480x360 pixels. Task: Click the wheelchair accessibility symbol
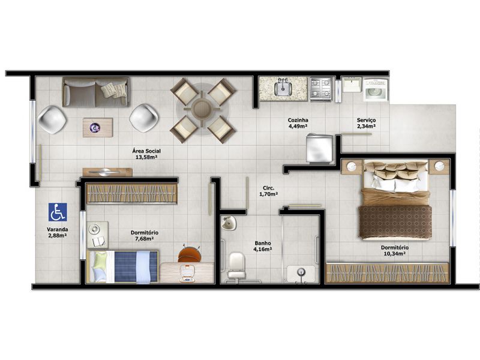(x=58, y=212)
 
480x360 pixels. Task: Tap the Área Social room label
(x=146, y=154)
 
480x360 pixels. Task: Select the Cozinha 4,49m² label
(x=298, y=123)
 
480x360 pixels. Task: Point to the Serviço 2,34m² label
(x=367, y=123)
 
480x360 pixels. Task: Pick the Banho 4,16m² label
(x=263, y=246)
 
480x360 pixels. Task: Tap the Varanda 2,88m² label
(x=57, y=232)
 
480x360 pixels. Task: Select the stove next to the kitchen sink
(x=321, y=88)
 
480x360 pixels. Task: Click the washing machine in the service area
(x=376, y=90)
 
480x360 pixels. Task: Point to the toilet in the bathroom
(x=236, y=266)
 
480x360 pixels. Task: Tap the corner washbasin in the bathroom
(x=229, y=223)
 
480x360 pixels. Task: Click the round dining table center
(x=202, y=109)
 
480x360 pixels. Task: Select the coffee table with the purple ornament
(x=98, y=127)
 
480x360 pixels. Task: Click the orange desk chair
(x=189, y=254)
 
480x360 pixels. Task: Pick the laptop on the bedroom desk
(x=188, y=274)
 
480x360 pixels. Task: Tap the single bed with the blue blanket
(x=123, y=266)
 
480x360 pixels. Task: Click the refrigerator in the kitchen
(x=319, y=148)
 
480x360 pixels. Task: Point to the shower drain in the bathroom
(x=302, y=271)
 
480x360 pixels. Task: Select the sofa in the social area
(x=96, y=92)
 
